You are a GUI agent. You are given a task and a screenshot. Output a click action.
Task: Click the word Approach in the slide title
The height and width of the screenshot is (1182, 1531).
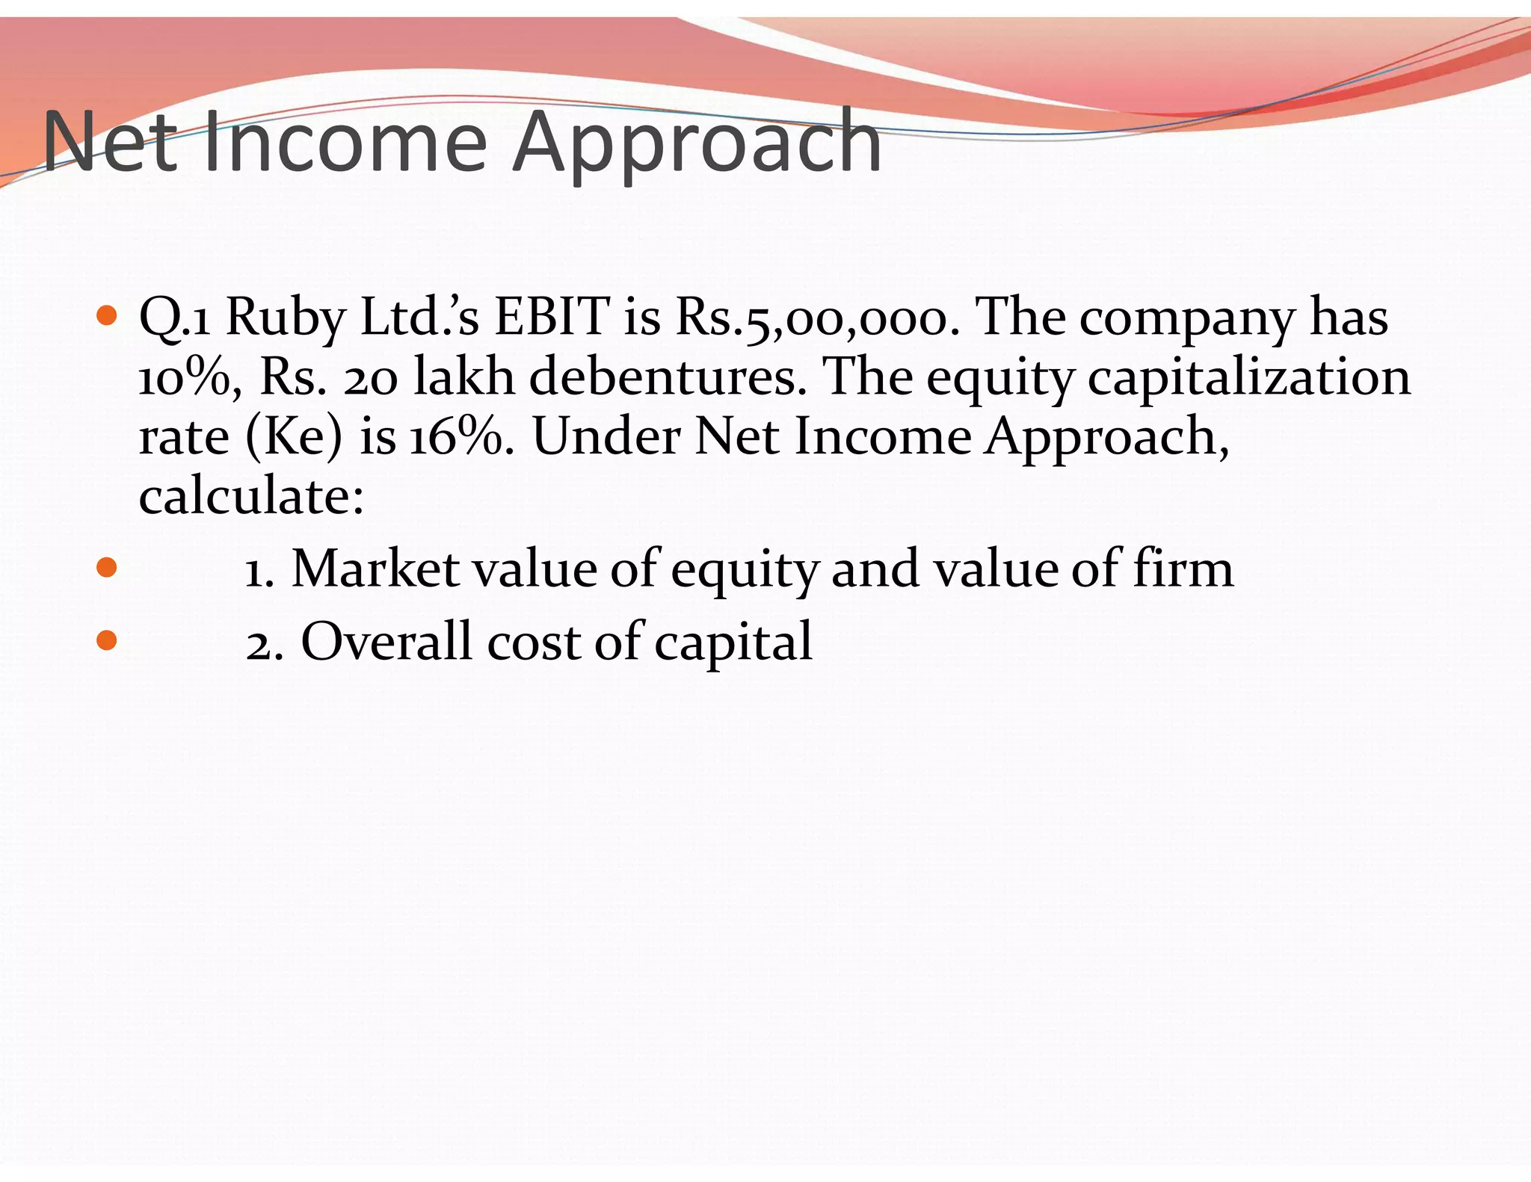click(697, 142)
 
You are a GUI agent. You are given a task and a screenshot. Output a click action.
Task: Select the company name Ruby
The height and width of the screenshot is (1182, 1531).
click(286, 318)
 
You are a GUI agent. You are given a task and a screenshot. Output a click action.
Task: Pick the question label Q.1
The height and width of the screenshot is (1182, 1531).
click(175, 318)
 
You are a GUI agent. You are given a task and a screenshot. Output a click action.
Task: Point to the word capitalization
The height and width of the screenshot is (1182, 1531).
click(1248, 377)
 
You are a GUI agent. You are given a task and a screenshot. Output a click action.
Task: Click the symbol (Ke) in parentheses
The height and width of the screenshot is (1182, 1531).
click(294, 436)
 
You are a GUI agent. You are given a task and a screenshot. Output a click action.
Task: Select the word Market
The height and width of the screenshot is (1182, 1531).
click(374, 569)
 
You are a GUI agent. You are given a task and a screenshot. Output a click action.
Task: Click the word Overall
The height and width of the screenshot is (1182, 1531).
click(386, 641)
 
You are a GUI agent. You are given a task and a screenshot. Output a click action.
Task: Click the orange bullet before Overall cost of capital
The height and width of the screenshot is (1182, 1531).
click(108, 640)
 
